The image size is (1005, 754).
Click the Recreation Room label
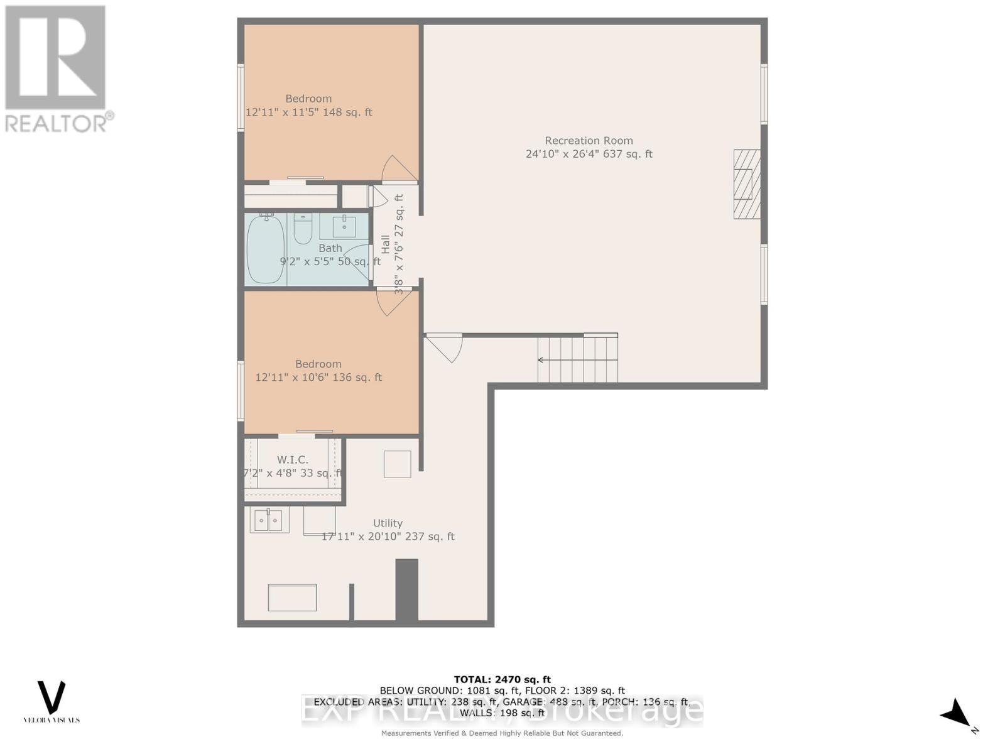[x=589, y=141]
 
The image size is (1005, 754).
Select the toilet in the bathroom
[x=303, y=230]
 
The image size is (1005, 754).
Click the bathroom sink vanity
[x=344, y=226]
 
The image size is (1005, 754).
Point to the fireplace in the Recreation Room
[x=747, y=184]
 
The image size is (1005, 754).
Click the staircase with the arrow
[x=577, y=359]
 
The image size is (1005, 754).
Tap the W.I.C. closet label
[x=293, y=460]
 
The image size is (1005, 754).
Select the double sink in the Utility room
[x=269, y=520]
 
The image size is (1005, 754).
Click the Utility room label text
[x=388, y=523]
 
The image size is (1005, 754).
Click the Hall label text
[x=385, y=244]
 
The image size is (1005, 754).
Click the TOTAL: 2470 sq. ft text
[x=502, y=679]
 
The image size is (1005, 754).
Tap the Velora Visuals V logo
[x=52, y=697]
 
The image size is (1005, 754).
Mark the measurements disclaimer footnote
[x=502, y=733]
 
